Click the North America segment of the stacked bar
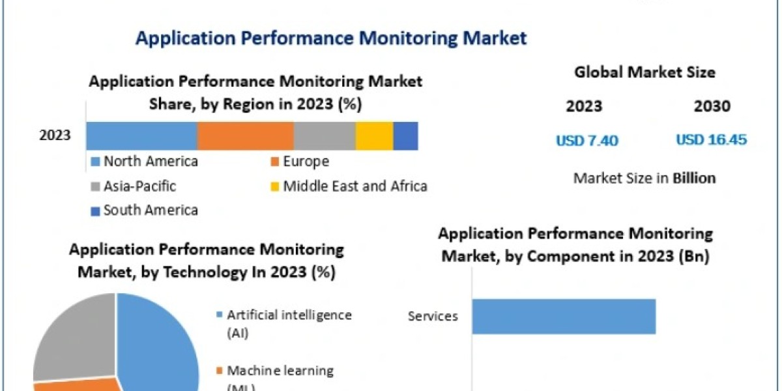point(141,136)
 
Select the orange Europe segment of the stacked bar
point(245,136)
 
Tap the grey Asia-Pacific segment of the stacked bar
point(324,136)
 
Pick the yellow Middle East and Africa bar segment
point(374,136)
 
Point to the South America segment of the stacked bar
point(405,136)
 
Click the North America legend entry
point(145,162)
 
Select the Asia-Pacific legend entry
point(134,186)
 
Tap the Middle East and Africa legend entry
point(349,186)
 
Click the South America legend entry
point(145,210)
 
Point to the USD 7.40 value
point(586,140)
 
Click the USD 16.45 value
point(711,140)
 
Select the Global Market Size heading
point(644,72)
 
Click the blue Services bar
point(563,316)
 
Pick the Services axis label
point(433,317)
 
